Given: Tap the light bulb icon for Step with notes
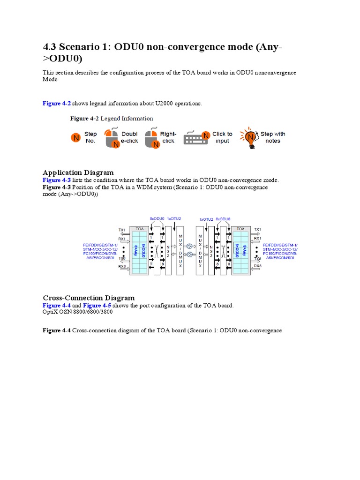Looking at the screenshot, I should click(250, 137).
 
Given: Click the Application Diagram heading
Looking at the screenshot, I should click(78, 172).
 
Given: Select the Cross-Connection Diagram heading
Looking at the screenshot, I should click(89, 298).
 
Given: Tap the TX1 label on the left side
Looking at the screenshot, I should click(122, 230).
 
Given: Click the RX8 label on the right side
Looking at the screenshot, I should click(257, 266).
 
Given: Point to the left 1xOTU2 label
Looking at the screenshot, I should click(173, 219).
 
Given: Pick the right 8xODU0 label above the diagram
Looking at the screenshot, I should click(223, 219).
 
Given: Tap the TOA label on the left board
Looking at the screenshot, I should click(139, 229).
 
